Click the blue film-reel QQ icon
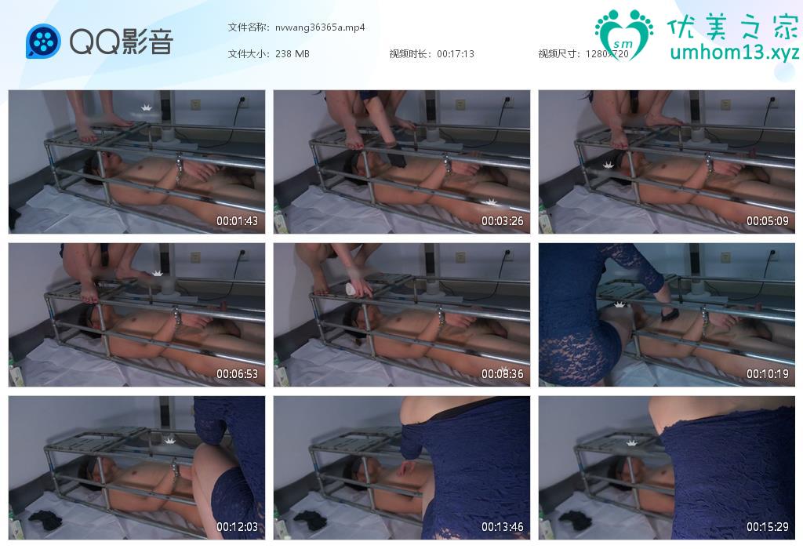(43, 41)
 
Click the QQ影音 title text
(122, 42)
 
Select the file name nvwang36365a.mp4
(320, 27)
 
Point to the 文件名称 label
(249, 27)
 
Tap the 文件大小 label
(249, 53)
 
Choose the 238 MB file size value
(292, 54)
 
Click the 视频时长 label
(410, 53)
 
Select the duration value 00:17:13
(456, 54)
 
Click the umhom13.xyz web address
(734, 53)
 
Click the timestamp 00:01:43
(237, 221)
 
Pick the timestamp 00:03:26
(503, 221)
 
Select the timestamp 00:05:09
(767, 221)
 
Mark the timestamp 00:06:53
(237, 374)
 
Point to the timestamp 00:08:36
(503, 374)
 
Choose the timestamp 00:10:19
(767, 374)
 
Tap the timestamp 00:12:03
(237, 526)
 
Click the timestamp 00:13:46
(503, 526)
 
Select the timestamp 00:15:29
(767, 526)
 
